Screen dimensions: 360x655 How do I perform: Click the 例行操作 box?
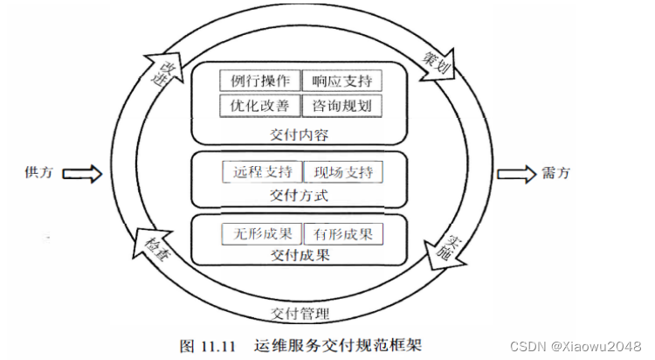click(260, 81)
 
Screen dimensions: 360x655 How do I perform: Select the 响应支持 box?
click(342, 81)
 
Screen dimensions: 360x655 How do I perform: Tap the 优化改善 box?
click(260, 107)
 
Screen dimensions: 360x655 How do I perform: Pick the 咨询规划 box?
click(342, 107)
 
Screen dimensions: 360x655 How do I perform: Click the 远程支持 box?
click(262, 171)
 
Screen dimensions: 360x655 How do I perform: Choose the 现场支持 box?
click(342, 171)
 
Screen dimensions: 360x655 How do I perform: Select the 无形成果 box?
click(262, 234)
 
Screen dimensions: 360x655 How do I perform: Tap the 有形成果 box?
click(342, 234)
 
